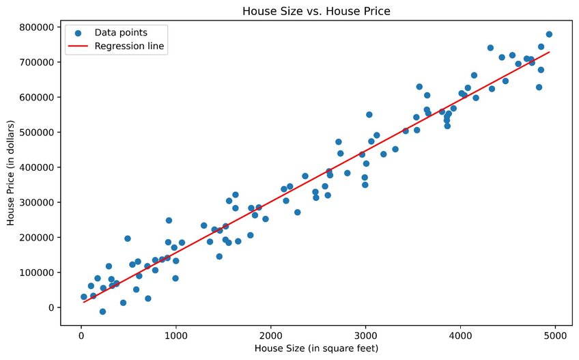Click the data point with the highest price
point(549,34)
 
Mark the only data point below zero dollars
point(102,311)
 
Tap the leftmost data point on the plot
point(84,297)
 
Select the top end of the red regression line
point(549,52)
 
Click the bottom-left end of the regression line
point(84,301)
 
